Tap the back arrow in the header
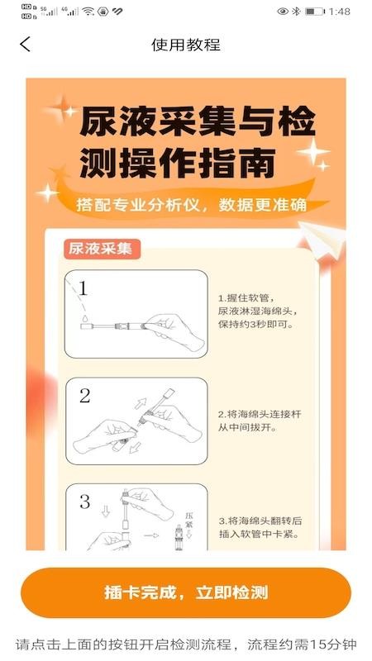point(25,45)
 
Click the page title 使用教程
point(186,45)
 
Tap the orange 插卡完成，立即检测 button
point(186,592)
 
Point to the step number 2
point(84,396)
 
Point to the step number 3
point(84,502)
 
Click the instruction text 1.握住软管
point(246,297)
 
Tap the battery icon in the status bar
point(314,12)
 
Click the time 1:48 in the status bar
point(340,12)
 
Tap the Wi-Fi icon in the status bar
point(88,12)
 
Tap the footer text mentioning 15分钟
point(186,644)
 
